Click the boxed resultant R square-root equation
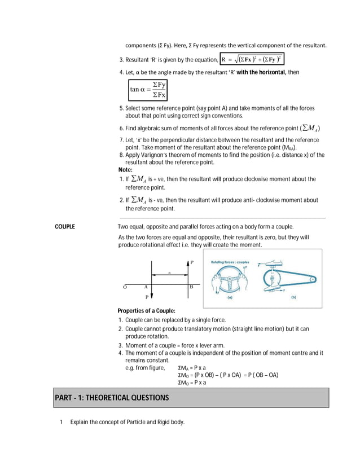252,59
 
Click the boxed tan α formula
148,89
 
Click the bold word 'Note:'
125,169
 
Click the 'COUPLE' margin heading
65,227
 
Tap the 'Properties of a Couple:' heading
146,311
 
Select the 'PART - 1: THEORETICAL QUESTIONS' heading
112,398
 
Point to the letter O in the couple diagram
125,287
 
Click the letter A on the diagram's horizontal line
146,287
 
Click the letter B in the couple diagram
191,287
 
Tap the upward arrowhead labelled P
187,262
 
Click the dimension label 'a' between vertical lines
169,272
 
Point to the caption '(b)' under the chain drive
293,297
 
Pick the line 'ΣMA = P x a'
192,368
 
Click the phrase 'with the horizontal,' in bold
267,72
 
